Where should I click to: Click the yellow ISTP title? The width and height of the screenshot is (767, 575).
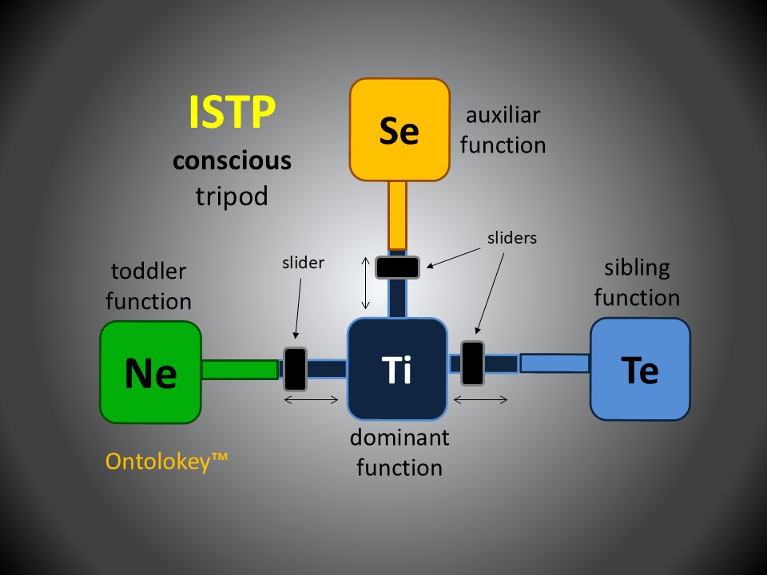pyautogui.click(x=232, y=113)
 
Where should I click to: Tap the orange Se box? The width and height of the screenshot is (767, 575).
pyautogui.click(x=399, y=129)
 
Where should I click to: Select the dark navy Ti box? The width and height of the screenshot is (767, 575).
pyautogui.click(x=397, y=369)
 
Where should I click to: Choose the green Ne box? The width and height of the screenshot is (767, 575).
pyautogui.click(x=150, y=371)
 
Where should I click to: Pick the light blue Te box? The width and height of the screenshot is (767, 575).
pyautogui.click(x=640, y=368)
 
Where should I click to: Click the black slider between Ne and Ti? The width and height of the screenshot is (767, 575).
pyautogui.click(x=296, y=367)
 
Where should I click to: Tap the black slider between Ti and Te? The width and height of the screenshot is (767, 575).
pyautogui.click(x=473, y=363)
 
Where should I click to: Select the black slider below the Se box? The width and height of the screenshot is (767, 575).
pyautogui.click(x=398, y=267)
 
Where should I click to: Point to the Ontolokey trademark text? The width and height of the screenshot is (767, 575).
pyautogui.click(x=166, y=461)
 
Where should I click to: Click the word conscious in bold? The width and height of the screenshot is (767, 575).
pyautogui.click(x=232, y=161)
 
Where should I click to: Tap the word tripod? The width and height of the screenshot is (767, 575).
pyautogui.click(x=232, y=196)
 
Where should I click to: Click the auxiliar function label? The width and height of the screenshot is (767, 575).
pyautogui.click(x=503, y=130)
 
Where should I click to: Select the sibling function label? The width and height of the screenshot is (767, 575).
pyautogui.click(x=636, y=282)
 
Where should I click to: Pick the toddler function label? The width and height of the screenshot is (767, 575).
pyautogui.click(x=149, y=286)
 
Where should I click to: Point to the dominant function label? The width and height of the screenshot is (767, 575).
pyautogui.click(x=399, y=452)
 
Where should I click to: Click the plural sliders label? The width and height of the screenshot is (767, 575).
pyautogui.click(x=511, y=237)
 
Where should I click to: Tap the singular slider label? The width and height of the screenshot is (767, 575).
pyautogui.click(x=303, y=262)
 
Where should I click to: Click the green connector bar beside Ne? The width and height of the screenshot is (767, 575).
pyautogui.click(x=240, y=369)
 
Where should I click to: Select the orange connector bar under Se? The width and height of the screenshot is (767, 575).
pyautogui.click(x=397, y=215)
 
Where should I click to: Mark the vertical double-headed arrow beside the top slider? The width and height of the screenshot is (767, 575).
pyautogui.click(x=366, y=283)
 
